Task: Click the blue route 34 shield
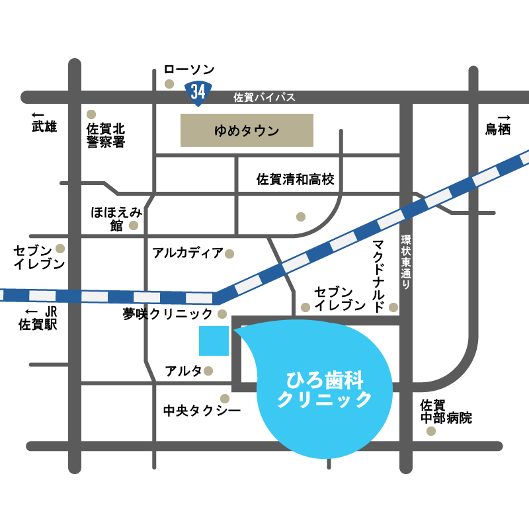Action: (198, 92)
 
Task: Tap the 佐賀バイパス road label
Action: (264, 97)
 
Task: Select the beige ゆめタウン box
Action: (247, 130)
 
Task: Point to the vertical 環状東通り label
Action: (406, 261)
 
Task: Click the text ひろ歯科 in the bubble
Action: (325, 380)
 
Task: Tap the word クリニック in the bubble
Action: (325, 399)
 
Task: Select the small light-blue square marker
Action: (214, 341)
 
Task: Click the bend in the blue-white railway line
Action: (216, 298)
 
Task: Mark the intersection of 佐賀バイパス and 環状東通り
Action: (406, 97)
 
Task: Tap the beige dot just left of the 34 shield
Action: (169, 84)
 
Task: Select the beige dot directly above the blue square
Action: (222, 314)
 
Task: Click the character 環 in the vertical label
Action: (406, 239)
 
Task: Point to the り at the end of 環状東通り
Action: (406, 284)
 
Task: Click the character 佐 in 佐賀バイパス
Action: (239, 97)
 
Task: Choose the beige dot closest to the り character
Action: (393, 307)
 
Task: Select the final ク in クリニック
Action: (364, 399)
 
